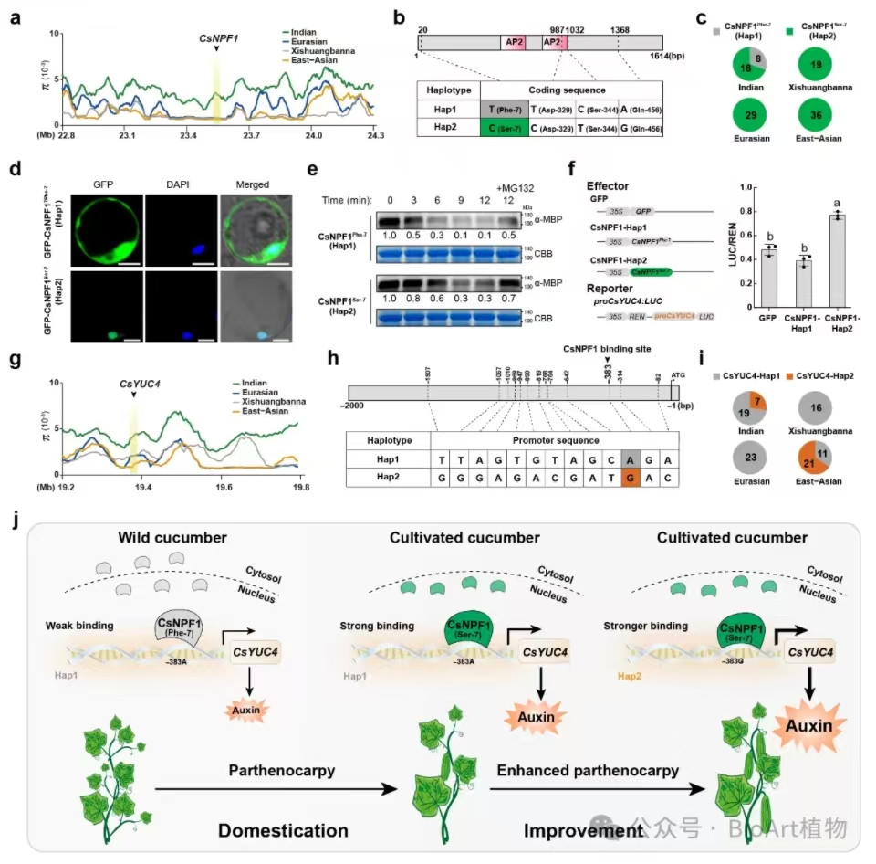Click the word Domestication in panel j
pyautogui.click(x=283, y=831)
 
